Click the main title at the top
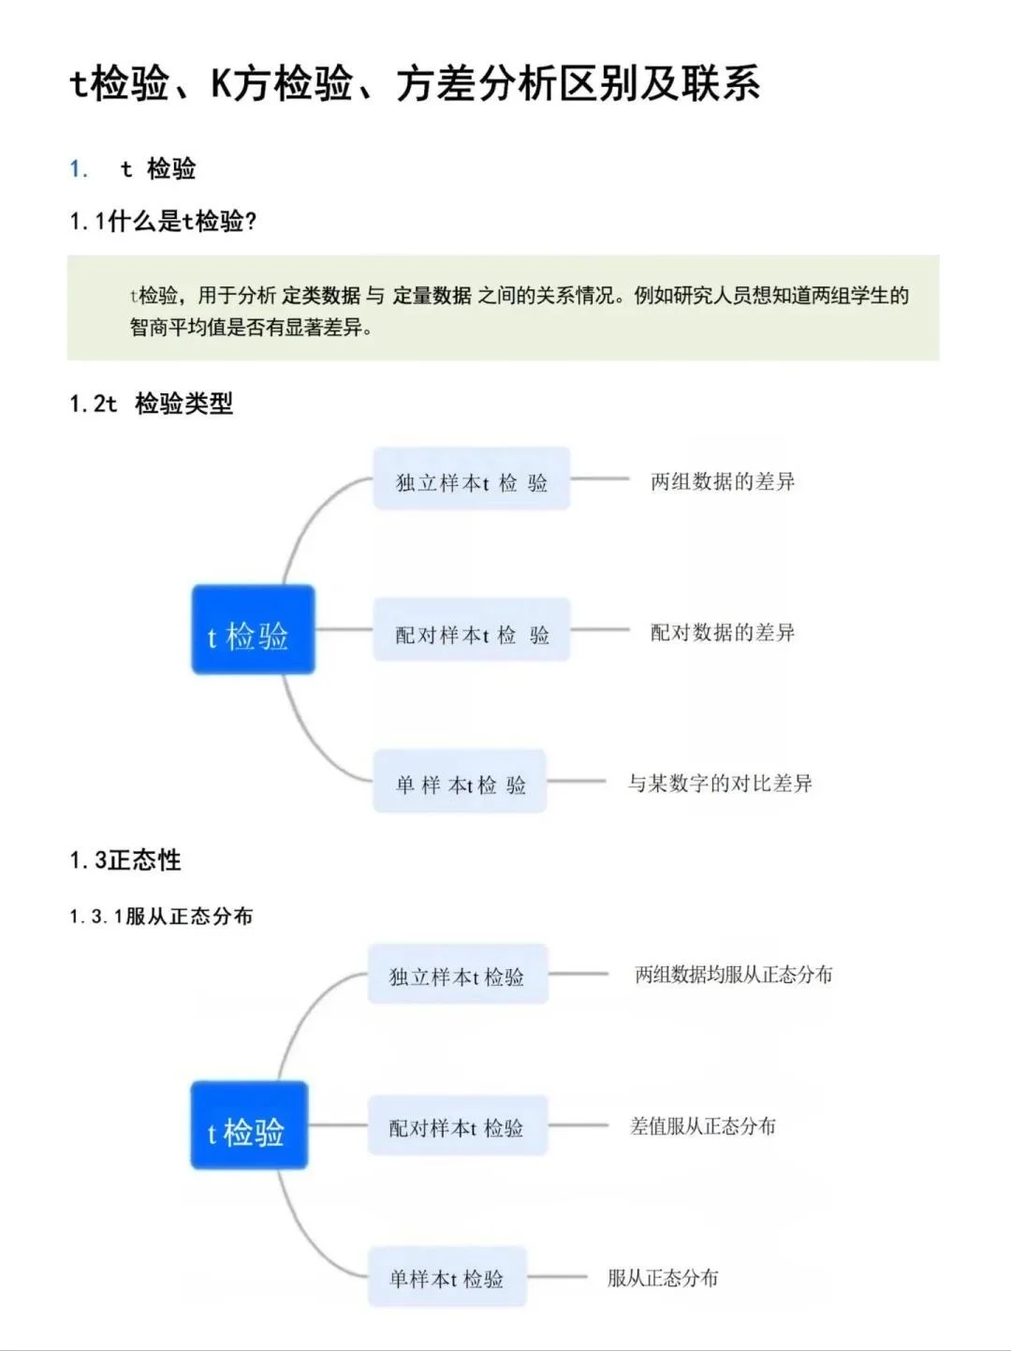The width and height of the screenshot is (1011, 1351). [x=415, y=84]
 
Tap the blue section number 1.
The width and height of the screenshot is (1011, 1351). [x=79, y=169]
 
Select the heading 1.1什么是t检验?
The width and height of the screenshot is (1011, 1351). [x=163, y=222]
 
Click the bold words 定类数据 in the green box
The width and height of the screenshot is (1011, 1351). [x=321, y=296]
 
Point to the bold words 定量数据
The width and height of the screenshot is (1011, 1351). [x=432, y=296]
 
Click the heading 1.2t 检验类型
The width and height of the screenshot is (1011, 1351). [x=151, y=404]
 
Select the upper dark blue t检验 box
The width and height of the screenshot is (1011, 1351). [x=253, y=629]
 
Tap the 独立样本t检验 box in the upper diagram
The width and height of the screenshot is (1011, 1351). [x=471, y=479]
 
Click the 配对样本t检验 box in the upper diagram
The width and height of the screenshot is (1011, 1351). [x=471, y=630]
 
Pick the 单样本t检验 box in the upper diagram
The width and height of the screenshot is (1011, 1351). [x=460, y=782]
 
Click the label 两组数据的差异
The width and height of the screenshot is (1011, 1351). [x=723, y=481]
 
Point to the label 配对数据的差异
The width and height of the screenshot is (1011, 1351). [x=723, y=632]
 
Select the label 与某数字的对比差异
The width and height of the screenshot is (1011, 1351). [x=720, y=783]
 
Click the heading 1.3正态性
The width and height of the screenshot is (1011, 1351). [x=125, y=859]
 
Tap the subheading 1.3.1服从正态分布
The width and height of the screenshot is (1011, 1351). [x=161, y=916]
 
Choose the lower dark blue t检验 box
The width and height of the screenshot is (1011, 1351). [x=249, y=1125]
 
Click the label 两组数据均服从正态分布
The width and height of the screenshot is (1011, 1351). [x=734, y=975]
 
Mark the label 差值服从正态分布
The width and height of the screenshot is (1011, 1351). [x=703, y=1125]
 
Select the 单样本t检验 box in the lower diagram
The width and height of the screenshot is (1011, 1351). [x=447, y=1277]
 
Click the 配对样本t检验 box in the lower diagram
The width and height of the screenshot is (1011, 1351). [x=457, y=1126]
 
